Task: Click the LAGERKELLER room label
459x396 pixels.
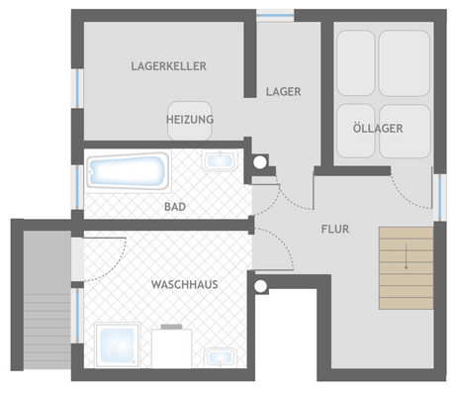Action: [169, 66]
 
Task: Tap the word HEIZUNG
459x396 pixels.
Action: [190, 120]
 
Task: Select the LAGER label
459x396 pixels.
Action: [284, 92]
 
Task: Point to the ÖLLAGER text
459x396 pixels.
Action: [378, 128]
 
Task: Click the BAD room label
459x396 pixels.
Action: [175, 207]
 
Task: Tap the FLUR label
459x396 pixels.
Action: [335, 229]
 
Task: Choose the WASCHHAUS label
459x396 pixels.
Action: [185, 284]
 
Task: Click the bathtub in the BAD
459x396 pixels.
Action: [129, 171]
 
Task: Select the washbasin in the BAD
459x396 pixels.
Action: [220, 160]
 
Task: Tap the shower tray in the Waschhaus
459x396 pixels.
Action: [117, 345]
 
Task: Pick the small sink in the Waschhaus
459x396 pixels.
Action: [220, 357]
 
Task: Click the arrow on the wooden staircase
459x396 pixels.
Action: [406, 257]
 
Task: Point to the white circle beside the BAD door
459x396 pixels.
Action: [260, 162]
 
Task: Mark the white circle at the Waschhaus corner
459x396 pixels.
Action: [261, 286]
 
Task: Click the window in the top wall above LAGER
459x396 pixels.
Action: [275, 15]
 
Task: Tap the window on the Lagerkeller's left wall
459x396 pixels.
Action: [78, 88]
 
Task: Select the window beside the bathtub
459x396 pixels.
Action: [78, 187]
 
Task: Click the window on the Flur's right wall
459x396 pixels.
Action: [440, 197]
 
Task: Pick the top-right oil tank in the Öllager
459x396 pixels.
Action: [405, 63]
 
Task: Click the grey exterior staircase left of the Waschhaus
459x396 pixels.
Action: [47, 300]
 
